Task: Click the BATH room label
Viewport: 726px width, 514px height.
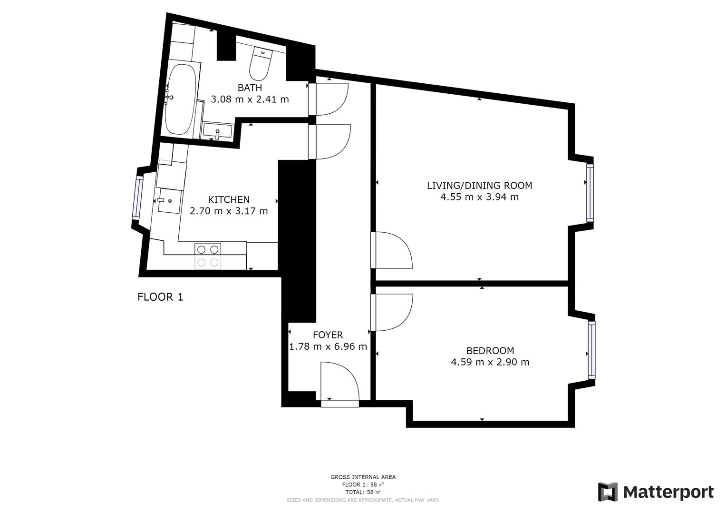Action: pyautogui.click(x=250, y=88)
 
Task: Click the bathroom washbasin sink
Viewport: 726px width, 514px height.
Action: pyautogui.click(x=217, y=131)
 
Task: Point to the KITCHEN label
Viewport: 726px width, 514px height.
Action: pyautogui.click(x=229, y=199)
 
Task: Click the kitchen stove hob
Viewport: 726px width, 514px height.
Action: pyautogui.click(x=208, y=256)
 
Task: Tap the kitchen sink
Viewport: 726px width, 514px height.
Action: pyautogui.click(x=169, y=200)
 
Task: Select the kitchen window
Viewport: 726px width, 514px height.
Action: pyautogui.click(x=139, y=197)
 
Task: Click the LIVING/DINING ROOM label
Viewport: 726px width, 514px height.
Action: pyautogui.click(x=479, y=186)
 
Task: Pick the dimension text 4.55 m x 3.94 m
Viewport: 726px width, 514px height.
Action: pyautogui.click(x=479, y=197)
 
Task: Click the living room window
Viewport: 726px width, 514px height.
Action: pyautogui.click(x=590, y=193)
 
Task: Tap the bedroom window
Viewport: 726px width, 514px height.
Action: pyautogui.click(x=591, y=350)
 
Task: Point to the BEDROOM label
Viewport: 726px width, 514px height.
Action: pyautogui.click(x=490, y=351)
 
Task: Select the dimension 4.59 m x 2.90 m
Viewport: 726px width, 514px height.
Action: pyautogui.click(x=490, y=362)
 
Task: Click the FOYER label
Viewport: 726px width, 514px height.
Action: pyautogui.click(x=328, y=335)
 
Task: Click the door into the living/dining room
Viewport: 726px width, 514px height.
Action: pyautogui.click(x=391, y=250)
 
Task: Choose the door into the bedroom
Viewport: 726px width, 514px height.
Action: pyautogui.click(x=391, y=312)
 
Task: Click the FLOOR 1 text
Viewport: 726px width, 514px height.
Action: pyautogui.click(x=160, y=297)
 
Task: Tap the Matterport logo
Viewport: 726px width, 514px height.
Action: pyautogui.click(x=656, y=492)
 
